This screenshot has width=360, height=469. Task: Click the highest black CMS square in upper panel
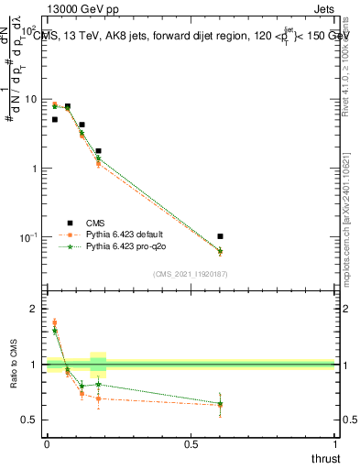(x=67, y=106)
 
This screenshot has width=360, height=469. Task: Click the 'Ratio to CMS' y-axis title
(x=15, y=365)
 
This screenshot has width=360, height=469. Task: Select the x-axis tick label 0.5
(x=191, y=443)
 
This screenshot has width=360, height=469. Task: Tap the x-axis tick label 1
(x=336, y=443)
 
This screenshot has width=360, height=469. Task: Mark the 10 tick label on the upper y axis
(x=31, y=99)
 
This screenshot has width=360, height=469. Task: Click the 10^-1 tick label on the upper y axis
(x=29, y=238)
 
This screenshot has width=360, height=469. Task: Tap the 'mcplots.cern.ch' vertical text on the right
(x=350, y=229)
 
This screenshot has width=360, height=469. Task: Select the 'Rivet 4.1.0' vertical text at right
(x=350, y=64)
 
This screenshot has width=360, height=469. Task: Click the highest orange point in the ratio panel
(x=54, y=322)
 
